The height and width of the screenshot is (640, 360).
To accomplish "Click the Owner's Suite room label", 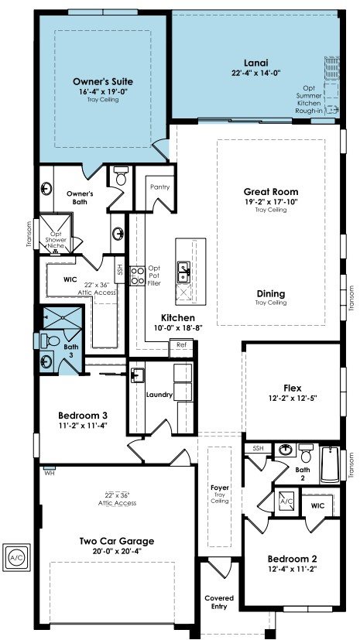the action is coord(103,81).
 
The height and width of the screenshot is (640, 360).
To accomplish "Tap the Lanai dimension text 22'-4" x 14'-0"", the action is coord(256,72).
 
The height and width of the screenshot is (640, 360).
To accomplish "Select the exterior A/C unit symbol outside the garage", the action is coord(16,557).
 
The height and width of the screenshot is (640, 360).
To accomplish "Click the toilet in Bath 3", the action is coord(50,340).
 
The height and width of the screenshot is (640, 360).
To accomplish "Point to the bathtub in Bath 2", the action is coord(330,465).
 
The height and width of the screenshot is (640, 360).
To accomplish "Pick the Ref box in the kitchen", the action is coord(182,345).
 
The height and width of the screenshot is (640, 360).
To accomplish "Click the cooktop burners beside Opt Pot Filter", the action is coord(137,276).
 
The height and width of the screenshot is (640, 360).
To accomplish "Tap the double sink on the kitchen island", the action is coord(183,272).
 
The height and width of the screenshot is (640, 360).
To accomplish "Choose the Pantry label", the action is coord(159,187).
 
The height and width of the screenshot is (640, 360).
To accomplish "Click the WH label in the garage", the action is coord(49,474).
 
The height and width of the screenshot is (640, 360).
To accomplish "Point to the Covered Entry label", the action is coord(219,602).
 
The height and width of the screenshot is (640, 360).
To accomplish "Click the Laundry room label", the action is coord(159,395).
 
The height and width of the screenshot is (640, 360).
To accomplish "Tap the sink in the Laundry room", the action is coord(138,375).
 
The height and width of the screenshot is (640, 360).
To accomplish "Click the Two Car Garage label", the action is coord(117,541).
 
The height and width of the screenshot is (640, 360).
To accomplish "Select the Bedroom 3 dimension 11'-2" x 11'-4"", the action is coord(82,426).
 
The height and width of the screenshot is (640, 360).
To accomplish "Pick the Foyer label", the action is coord(220,488).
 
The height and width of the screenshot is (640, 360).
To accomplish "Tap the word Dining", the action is coord(271,294).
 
